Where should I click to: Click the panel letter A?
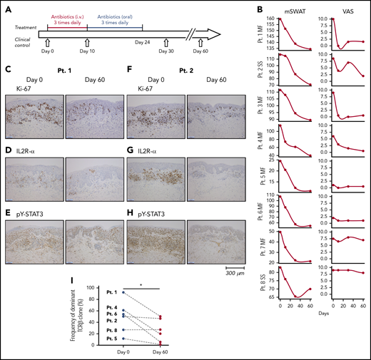coord(6,6)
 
